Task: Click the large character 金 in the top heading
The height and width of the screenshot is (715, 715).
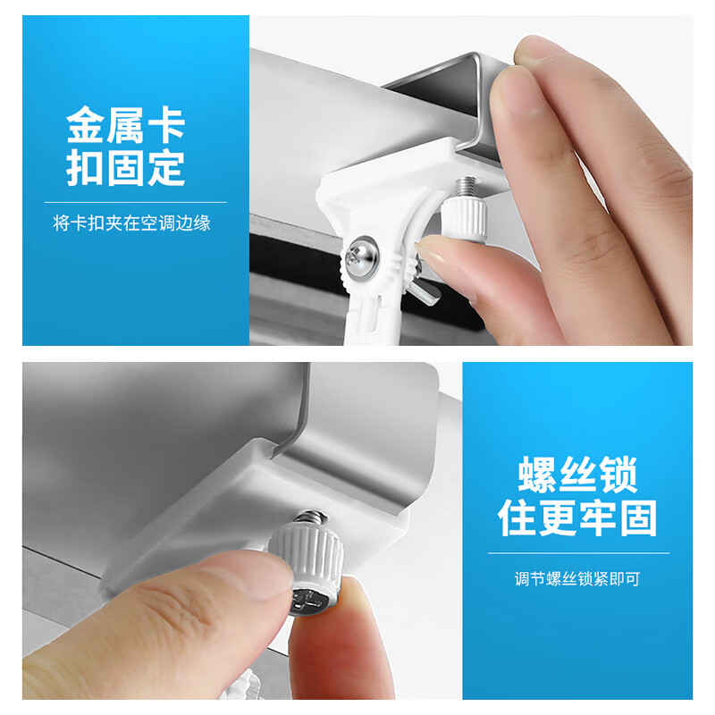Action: [x=87, y=126]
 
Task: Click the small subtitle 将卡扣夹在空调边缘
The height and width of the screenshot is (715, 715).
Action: [x=131, y=223]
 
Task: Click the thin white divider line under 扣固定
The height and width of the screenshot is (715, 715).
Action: [x=135, y=203]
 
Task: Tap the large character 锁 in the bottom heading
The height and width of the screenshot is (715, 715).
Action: [x=618, y=475]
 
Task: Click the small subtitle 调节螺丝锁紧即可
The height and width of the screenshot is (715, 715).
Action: [x=577, y=578]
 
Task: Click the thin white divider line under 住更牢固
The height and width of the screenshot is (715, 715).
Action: [x=577, y=553]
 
